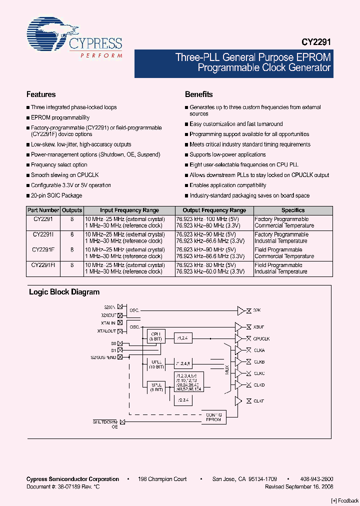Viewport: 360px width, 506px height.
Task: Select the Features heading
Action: [41, 94]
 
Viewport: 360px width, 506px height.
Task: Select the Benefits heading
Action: [198, 94]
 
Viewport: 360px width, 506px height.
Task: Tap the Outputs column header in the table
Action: [72, 210]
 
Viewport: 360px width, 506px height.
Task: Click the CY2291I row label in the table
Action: [43, 234]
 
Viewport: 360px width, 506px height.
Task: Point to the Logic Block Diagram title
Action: [64, 292]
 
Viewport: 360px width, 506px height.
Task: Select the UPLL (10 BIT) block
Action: [155, 364]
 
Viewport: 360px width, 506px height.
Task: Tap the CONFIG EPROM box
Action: [213, 416]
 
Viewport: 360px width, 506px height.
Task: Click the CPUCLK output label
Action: [262, 338]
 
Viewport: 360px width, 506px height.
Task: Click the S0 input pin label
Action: [113, 343]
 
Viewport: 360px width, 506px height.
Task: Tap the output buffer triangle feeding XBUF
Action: [238, 326]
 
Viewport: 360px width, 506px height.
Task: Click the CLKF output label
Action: [258, 401]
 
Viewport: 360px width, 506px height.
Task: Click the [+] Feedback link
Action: [345, 500]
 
